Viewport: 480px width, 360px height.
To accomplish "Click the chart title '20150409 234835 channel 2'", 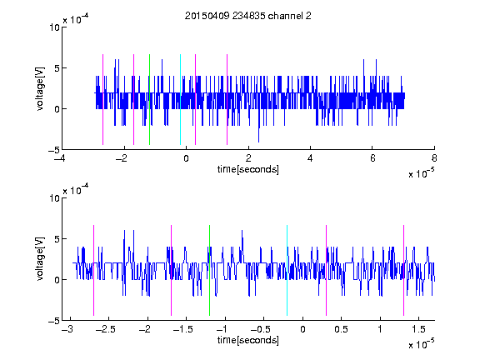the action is coord(248,16).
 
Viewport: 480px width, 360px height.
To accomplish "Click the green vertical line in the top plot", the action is coord(149,99).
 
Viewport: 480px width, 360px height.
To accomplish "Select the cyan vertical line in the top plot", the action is coord(180,99).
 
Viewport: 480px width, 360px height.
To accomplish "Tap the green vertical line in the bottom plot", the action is coord(209,270).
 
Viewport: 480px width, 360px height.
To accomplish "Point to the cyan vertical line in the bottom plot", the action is coord(287,270).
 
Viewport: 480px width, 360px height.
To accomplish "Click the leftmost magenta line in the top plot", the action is coord(102,99).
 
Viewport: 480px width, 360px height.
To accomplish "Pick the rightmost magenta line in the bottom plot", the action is coord(403,270).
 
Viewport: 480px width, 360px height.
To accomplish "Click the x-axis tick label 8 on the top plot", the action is coord(434,158).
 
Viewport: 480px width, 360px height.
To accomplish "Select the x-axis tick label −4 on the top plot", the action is coord(60,158).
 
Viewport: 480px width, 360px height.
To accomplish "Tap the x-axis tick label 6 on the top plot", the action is coord(372,158).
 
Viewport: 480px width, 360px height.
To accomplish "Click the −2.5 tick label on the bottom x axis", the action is coord(106,329).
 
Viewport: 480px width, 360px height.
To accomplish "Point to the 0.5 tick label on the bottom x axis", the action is coord(341,329).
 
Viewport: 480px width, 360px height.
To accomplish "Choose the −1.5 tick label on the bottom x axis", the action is coord(183,329).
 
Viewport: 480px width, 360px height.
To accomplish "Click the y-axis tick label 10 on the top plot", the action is coord(54,27).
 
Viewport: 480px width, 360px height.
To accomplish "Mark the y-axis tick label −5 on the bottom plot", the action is coord(54,321).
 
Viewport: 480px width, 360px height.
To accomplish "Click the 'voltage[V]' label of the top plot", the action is coord(40,88).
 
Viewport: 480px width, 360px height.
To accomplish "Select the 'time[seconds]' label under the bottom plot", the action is coord(248,340).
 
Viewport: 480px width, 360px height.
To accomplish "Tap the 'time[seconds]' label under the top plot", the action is coord(248,169).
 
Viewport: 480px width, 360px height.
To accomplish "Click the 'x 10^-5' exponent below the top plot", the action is coord(422,173).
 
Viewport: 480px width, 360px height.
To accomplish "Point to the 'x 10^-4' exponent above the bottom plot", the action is coord(76,190).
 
